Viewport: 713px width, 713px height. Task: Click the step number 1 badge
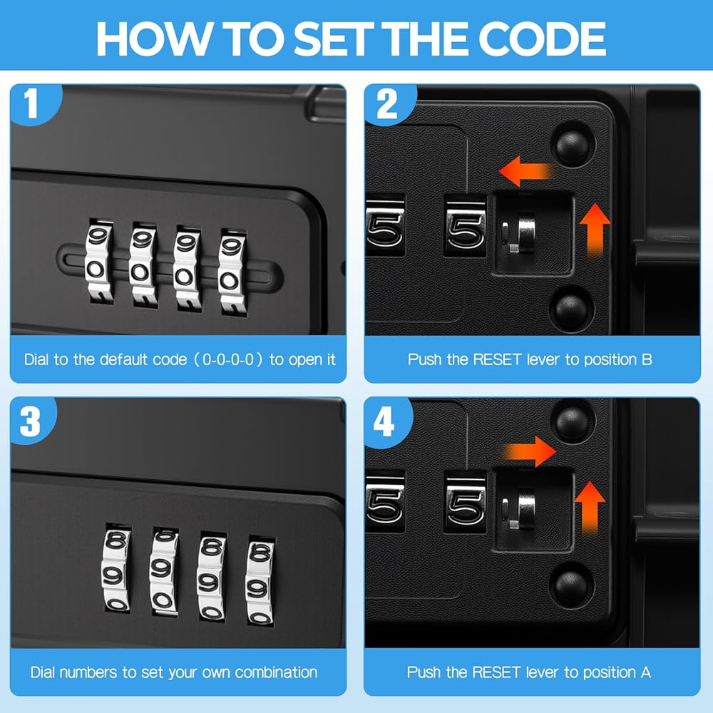tap(32, 103)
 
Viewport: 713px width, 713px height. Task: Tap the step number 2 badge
tap(387, 103)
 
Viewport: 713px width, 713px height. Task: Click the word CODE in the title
tap(542, 39)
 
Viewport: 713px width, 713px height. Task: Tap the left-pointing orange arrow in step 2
tap(525, 171)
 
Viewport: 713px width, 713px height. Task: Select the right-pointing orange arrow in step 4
tap(530, 451)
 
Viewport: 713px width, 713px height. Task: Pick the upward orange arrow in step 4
tap(590, 508)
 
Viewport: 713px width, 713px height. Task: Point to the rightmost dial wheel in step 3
tap(260, 583)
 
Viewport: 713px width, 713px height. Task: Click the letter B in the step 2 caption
tap(647, 359)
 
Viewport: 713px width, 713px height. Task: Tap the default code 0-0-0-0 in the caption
tap(228, 359)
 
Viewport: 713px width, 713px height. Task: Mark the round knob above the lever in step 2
tap(572, 145)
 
